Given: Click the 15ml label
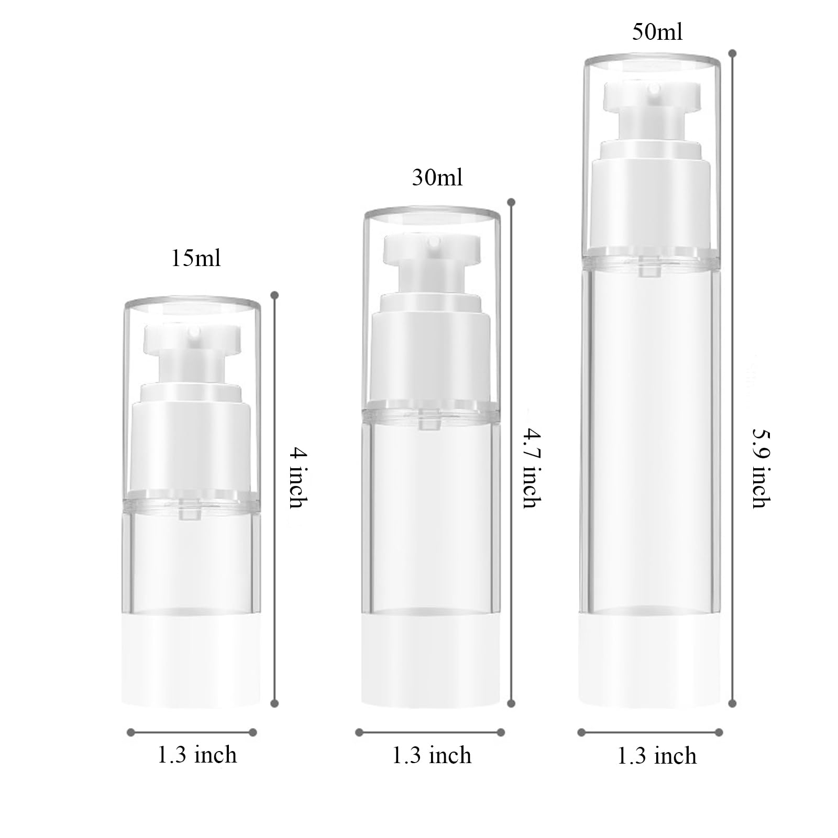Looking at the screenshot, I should [196, 259].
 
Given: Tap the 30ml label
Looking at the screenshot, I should [437, 178].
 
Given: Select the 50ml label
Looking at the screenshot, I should [657, 32].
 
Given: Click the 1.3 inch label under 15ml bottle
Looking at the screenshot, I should [197, 755].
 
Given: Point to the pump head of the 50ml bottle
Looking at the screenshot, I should [652, 96].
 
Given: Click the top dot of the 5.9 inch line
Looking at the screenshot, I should [733, 53].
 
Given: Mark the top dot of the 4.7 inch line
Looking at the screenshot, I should [512, 202].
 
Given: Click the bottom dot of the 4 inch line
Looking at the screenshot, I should [274, 703].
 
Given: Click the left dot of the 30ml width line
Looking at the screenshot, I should [359, 732].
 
